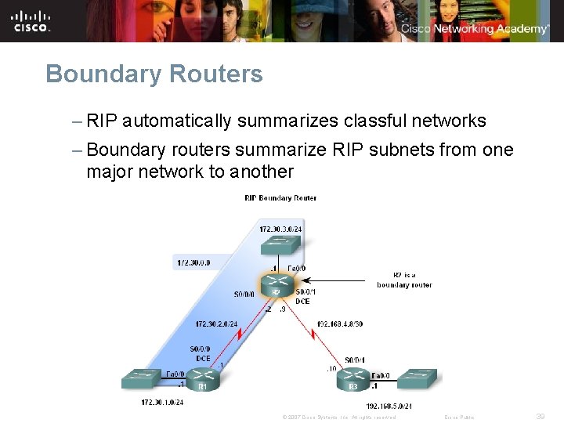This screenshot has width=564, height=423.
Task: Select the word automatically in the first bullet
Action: click(176, 121)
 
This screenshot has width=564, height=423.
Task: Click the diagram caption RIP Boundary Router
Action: click(280, 198)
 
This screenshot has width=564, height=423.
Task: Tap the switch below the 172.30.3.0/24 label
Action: click(280, 245)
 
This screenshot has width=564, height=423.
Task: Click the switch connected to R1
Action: click(142, 379)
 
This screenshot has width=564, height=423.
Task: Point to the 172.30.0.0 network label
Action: click(193, 262)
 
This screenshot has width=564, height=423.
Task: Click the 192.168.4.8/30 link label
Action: click(339, 324)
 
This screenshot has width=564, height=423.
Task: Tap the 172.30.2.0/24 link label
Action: click(216, 324)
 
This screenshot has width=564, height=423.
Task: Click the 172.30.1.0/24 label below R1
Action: click(162, 402)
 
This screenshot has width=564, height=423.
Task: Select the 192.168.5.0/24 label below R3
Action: click(389, 407)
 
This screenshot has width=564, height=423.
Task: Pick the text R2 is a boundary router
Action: click(403, 280)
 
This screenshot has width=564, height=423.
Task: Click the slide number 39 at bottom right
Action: click(540, 417)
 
